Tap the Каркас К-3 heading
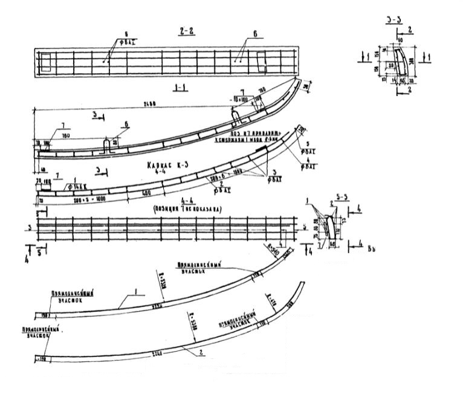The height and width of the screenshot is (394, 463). pos(164,163)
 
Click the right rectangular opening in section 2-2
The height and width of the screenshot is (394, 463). pos(261,61)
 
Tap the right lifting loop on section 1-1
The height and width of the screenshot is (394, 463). pos(237,112)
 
